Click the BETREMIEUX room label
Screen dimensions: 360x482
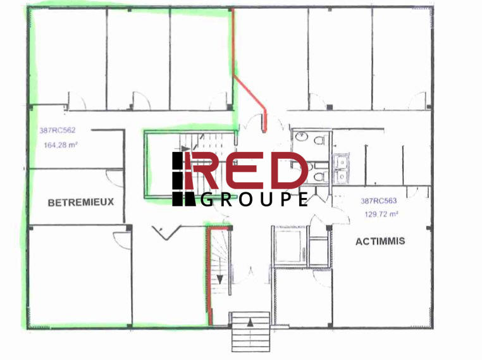point(80,202)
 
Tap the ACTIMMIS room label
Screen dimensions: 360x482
point(380,241)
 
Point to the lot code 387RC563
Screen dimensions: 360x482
point(378,201)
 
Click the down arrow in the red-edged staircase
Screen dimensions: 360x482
point(220,278)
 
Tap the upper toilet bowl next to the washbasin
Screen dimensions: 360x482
point(319,139)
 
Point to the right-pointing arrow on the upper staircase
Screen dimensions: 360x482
point(187,149)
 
